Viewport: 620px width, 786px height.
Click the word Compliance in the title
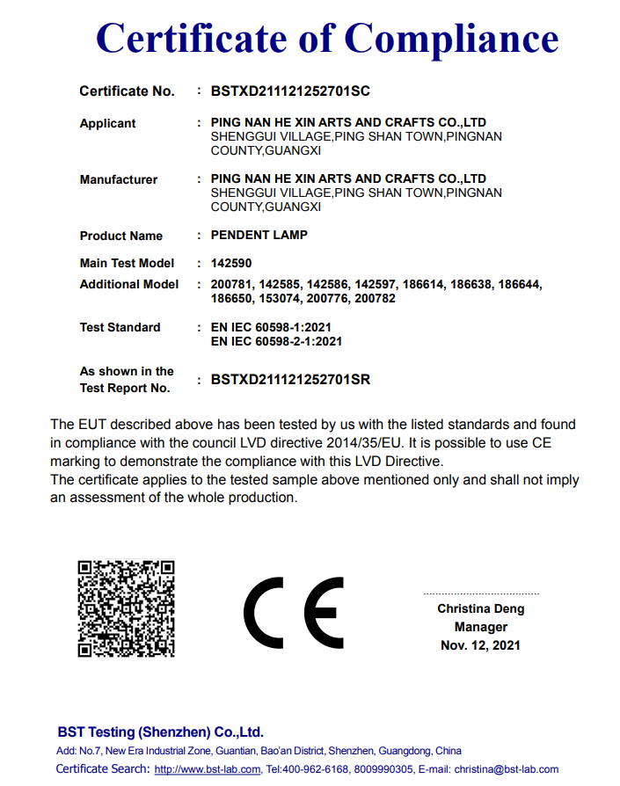(451, 39)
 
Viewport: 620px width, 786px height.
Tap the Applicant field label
(107, 123)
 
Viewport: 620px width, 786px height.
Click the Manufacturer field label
(118, 179)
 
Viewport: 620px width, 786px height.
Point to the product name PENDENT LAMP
(259, 236)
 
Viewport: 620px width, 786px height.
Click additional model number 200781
(231, 284)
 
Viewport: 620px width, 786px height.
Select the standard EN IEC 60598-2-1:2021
(277, 341)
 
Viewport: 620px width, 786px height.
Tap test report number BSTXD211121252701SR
(290, 380)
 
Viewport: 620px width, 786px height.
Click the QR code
(126, 608)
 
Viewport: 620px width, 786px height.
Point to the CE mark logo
(294, 612)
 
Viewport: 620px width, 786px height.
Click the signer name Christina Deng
(480, 608)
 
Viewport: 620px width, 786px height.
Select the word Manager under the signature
(480, 627)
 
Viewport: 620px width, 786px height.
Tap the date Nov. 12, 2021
(480, 645)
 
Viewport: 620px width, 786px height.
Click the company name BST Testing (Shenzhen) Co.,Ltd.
(160, 731)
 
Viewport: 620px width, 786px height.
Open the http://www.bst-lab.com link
(208, 769)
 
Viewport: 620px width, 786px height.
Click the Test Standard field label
(120, 327)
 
